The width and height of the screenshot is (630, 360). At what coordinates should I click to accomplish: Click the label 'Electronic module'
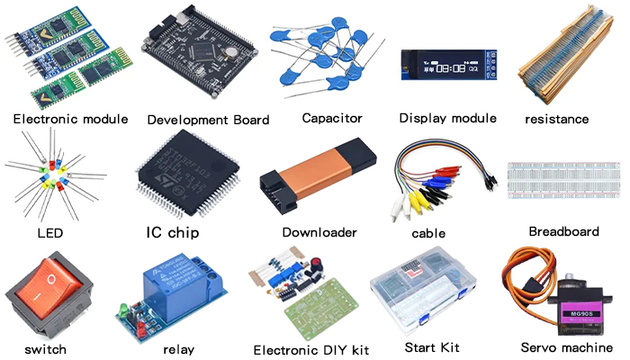point(71,119)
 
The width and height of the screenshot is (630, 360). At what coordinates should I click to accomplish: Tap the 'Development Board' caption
point(208,120)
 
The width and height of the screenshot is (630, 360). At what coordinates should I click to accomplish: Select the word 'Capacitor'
point(332,118)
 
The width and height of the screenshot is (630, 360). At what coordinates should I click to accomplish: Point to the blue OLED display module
point(449,65)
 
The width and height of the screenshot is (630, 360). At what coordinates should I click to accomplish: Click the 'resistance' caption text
point(557,119)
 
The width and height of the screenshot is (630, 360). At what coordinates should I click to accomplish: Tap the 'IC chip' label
point(173,232)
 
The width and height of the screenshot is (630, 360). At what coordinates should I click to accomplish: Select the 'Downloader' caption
point(319,232)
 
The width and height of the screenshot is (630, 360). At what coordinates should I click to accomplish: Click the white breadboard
point(563,180)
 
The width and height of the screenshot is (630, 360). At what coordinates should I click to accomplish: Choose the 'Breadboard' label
point(563,231)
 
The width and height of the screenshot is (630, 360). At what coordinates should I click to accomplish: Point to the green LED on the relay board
point(124,309)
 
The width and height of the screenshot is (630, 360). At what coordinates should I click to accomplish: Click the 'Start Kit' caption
point(432,347)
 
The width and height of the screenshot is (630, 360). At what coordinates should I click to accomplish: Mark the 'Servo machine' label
point(567,347)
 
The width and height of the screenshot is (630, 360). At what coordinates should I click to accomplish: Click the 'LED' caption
point(50,233)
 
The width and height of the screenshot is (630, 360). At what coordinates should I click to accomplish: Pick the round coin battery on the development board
point(230,52)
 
